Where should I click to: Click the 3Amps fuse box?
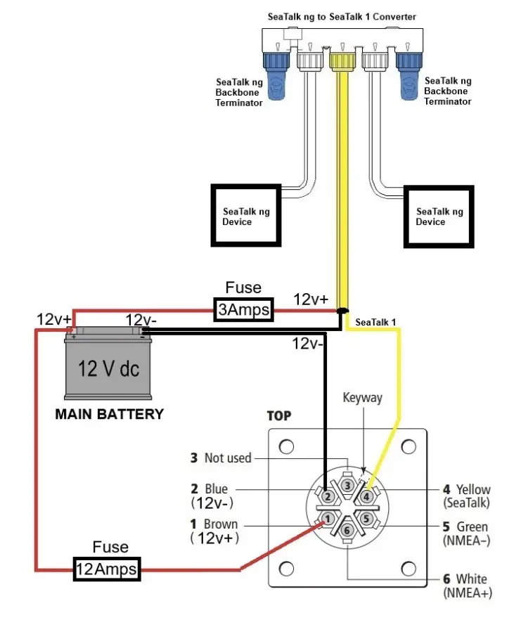(244, 309)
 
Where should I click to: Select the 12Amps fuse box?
(107, 569)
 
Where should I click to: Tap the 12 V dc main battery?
(108, 363)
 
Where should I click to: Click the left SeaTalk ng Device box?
(246, 216)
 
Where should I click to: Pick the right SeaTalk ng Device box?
(439, 217)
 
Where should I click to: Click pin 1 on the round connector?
(328, 518)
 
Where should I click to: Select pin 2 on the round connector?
(328, 496)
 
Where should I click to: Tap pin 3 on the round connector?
(347, 485)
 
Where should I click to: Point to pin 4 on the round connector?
(366, 496)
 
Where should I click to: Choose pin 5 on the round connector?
(366, 518)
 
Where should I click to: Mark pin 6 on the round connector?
(347, 530)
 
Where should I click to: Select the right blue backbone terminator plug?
(409, 75)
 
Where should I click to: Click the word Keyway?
(363, 398)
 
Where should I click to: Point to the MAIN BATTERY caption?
(110, 414)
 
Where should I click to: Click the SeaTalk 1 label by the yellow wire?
(375, 322)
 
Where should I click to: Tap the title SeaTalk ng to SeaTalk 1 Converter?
(342, 17)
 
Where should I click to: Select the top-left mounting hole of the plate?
(286, 446)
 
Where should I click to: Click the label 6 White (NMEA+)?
(468, 586)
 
